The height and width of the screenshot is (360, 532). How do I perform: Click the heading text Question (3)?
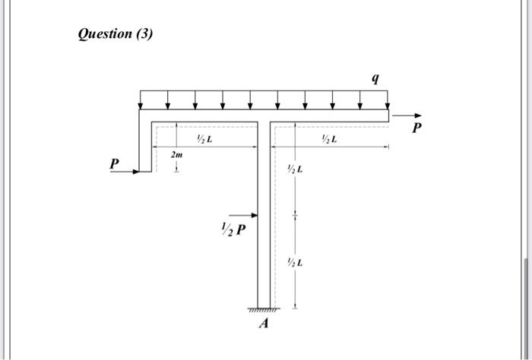tap(116, 34)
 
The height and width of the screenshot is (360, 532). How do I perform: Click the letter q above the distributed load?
tap(375, 77)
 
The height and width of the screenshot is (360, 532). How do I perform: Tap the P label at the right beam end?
tap(416, 128)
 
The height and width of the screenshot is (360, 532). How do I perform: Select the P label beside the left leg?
tap(114, 163)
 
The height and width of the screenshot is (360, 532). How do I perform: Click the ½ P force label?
tap(233, 227)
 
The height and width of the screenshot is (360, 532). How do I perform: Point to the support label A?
tap(264, 324)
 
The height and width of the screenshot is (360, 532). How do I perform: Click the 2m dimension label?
tap(176, 154)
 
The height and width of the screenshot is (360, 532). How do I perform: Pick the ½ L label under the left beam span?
tap(204, 139)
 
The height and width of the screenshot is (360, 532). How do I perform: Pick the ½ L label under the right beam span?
tap(329, 139)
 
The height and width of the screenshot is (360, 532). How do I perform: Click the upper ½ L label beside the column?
tap(295, 169)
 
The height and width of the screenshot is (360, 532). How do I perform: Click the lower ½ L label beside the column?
tap(295, 262)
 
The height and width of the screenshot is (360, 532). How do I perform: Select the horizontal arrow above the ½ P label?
tap(243, 215)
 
